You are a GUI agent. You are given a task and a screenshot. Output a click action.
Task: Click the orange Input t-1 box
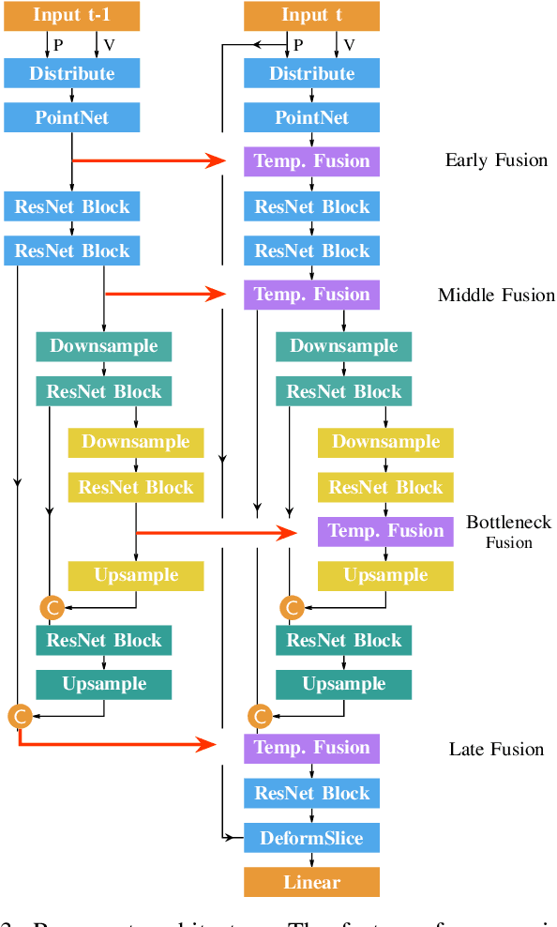(71, 16)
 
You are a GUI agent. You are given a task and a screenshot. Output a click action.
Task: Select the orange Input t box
(311, 16)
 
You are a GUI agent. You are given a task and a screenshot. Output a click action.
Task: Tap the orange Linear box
(311, 882)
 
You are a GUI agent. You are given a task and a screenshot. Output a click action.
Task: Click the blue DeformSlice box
(311, 838)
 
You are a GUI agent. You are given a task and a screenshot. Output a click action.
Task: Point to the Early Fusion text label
(495, 160)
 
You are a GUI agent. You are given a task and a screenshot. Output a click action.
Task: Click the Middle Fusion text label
(495, 296)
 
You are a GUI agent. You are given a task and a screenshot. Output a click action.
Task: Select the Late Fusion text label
(495, 749)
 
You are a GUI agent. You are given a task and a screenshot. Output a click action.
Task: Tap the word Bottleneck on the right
(508, 523)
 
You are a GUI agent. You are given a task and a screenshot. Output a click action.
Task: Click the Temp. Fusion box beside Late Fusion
(311, 748)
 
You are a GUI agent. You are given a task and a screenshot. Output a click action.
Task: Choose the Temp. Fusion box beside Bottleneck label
(385, 531)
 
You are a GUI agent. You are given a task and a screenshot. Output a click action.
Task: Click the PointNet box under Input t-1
(71, 118)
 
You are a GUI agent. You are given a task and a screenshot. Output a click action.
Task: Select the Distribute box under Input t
(311, 73)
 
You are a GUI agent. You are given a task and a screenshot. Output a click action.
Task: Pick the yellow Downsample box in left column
(135, 442)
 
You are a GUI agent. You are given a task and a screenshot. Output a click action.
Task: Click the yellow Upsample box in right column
(385, 576)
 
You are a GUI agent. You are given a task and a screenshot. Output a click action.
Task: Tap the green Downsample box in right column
(343, 346)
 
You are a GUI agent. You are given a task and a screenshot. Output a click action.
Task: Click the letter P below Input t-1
(58, 45)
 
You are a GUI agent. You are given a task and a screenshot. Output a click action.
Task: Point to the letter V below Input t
(349, 45)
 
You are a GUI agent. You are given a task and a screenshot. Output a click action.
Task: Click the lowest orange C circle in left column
(20, 717)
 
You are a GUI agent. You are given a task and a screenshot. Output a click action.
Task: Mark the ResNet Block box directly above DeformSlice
(311, 793)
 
